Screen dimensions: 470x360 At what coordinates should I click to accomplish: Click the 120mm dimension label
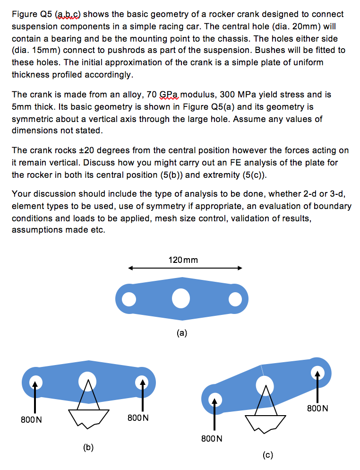click(x=183, y=260)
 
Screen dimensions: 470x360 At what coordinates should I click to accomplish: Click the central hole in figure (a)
click(x=180, y=298)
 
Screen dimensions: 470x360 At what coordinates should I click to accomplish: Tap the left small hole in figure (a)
click(x=127, y=299)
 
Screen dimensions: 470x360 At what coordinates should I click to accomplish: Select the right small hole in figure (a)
click(x=234, y=298)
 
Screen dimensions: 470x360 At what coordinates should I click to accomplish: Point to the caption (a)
click(x=182, y=333)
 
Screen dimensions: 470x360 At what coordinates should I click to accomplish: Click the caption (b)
click(x=88, y=446)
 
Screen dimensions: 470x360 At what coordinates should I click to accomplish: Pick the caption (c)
click(x=268, y=455)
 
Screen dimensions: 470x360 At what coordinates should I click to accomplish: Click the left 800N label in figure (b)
click(x=31, y=419)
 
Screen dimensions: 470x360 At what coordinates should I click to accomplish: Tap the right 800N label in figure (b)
click(x=138, y=418)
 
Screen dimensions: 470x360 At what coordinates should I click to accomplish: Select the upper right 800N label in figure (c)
click(x=317, y=408)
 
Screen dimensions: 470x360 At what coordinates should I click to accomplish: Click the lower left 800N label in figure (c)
click(x=211, y=438)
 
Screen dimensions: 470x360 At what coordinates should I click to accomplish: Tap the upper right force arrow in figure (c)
click(x=317, y=385)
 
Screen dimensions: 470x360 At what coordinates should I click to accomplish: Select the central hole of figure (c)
click(x=264, y=385)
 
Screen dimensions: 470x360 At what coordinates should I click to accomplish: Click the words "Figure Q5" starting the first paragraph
click(x=28, y=15)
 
